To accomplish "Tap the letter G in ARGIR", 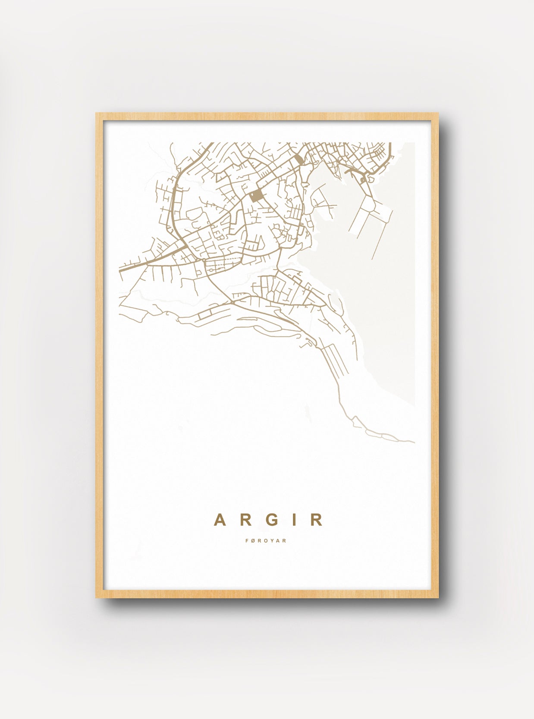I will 271,520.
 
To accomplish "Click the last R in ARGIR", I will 316,520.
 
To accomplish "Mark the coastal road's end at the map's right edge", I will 414,442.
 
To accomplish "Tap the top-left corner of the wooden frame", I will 96,113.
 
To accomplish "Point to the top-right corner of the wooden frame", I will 438,113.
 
